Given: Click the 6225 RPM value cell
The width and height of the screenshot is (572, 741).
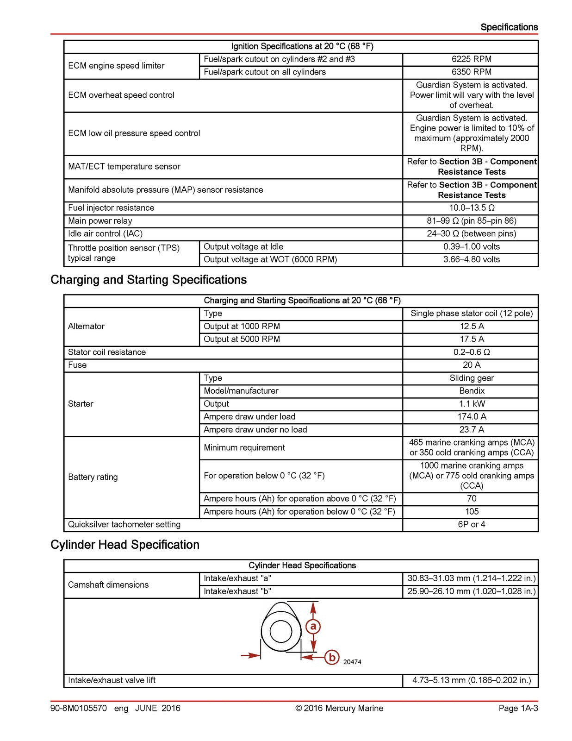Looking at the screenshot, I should coord(471,59).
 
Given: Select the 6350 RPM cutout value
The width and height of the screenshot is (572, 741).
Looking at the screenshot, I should coord(471,72).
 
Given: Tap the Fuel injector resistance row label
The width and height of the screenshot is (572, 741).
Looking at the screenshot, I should coord(111,208).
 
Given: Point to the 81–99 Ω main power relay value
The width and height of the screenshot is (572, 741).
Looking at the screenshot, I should coord(471,221).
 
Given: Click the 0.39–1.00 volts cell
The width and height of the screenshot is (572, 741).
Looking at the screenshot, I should coord(471,247).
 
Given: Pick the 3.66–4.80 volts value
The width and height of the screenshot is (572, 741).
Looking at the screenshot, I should coord(471,260).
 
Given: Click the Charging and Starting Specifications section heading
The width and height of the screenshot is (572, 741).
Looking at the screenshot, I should coord(149,280).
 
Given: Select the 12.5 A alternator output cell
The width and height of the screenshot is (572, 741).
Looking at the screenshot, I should coord(471,327).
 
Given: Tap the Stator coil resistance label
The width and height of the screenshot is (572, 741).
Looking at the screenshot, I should coord(107,352).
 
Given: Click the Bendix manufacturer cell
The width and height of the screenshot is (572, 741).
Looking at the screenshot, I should coord(471,391).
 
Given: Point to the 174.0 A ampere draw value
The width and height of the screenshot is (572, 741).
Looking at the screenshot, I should coord(471,417).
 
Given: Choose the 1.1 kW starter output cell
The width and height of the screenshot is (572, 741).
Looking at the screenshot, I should coord(471,404).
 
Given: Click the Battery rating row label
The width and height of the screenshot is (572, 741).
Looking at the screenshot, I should coord(93,477).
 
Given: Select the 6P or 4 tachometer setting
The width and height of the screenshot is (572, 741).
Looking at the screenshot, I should coord(471,525).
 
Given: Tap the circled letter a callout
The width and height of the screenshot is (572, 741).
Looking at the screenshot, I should coord(313,627).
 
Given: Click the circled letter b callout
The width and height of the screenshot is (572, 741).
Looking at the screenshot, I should coord(332,657).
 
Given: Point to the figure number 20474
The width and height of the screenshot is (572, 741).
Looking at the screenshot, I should coord(352,662).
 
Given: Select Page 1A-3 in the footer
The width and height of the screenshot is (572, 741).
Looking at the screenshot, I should coord(518,708).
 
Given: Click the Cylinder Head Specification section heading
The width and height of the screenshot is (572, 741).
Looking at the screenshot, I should coord(125,545).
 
